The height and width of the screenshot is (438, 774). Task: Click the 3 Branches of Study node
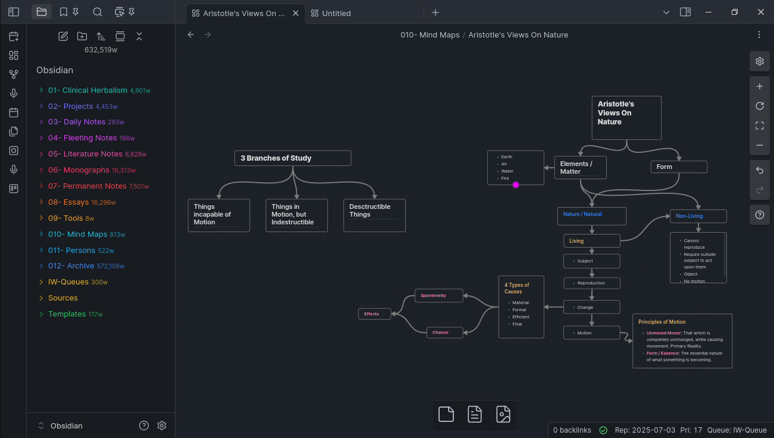(x=293, y=158)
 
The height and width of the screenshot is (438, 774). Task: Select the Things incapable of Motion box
(x=219, y=215)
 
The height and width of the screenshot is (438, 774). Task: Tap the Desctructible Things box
(x=374, y=215)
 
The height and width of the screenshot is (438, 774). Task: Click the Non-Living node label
(x=689, y=215)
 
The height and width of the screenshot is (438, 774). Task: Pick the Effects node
(x=375, y=314)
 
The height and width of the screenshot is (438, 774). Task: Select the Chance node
(x=444, y=332)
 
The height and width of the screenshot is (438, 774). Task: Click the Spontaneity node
(x=438, y=296)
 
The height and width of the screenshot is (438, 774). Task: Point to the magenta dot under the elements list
(x=516, y=185)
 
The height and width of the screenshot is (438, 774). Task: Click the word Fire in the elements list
(x=505, y=179)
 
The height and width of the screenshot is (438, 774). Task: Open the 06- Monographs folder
(x=79, y=170)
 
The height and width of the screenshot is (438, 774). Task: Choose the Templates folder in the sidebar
(x=67, y=314)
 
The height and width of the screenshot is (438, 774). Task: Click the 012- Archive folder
(x=71, y=266)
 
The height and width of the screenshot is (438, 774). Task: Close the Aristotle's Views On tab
(x=296, y=13)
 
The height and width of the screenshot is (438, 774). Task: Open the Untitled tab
(x=336, y=13)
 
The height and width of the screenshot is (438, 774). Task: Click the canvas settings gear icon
(x=759, y=61)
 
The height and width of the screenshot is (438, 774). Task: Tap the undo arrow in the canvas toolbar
(x=759, y=170)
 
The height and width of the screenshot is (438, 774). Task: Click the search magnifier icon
(x=98, y=12)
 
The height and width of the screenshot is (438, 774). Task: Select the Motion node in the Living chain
(x=591, y=333)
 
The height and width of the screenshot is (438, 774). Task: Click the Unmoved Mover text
(x=664, y=333)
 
